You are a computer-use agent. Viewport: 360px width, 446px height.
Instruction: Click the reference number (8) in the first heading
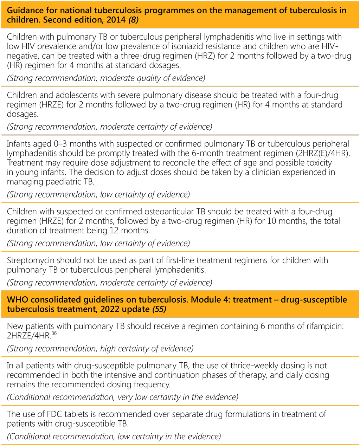133,20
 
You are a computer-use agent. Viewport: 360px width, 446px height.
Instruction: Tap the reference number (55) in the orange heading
159,309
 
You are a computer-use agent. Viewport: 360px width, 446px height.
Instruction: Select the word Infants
18,144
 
